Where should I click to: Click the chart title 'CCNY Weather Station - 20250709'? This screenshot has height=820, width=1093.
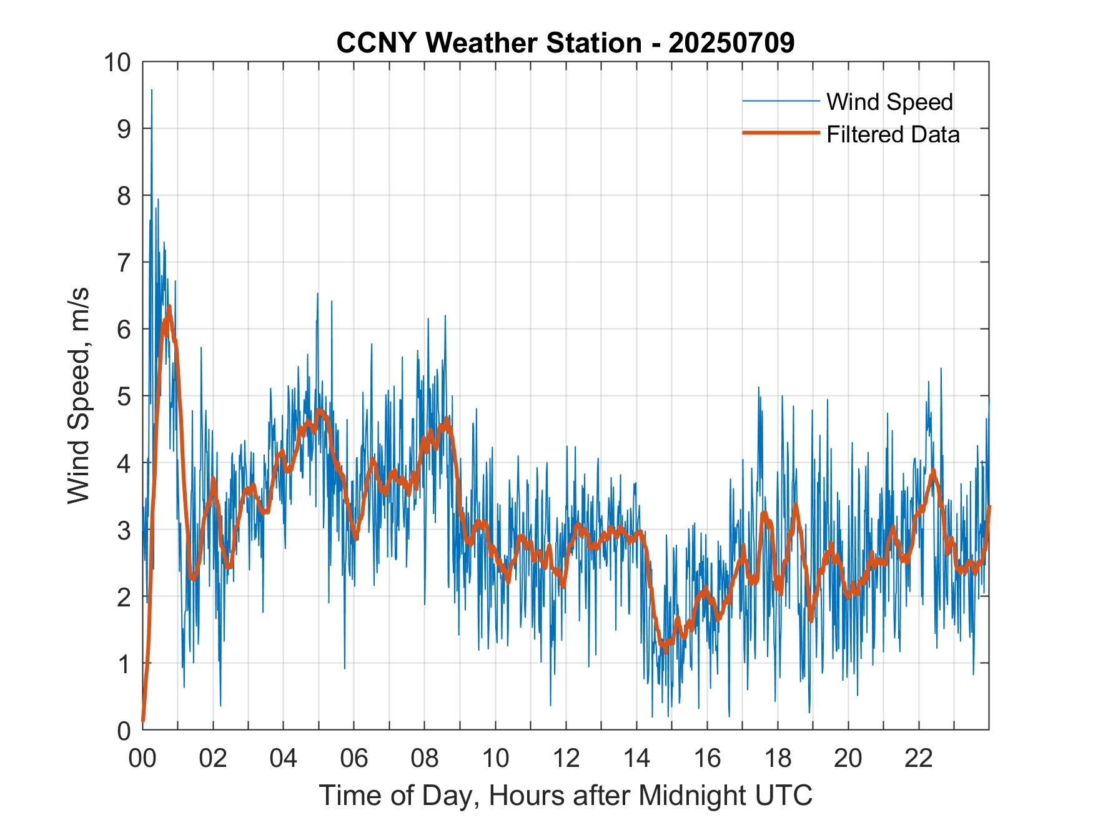tap(565, 43)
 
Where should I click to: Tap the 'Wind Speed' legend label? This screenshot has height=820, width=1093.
tap(889, 102)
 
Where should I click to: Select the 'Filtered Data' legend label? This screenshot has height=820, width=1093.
tap(893, 134)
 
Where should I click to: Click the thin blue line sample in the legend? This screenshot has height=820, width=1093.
tap(780, 101)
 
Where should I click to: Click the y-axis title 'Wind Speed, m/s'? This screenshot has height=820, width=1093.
tap(79, 395)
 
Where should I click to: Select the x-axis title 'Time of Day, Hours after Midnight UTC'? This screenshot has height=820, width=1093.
tap(565, 796)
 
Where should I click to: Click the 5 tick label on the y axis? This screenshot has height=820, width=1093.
tap(122, 396)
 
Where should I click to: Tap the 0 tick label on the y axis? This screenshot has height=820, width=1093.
tap(122, 729)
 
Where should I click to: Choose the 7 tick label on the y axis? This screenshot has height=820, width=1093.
tap(122, 262)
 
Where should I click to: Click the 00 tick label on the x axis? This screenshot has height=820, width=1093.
tap(142, 759)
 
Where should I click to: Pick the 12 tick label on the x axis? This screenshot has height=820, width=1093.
tap(566, 759)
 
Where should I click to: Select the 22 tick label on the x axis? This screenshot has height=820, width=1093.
tap(919, 759)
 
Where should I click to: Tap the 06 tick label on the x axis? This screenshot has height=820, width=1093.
tap(354, 759)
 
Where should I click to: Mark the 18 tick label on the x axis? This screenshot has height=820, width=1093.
tap(778, 759)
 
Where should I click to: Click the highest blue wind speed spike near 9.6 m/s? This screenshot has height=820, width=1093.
tap(151, 91)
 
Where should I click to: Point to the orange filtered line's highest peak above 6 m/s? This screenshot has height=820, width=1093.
tap(169, 307)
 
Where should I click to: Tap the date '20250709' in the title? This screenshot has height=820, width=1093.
tap(731, 43)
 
